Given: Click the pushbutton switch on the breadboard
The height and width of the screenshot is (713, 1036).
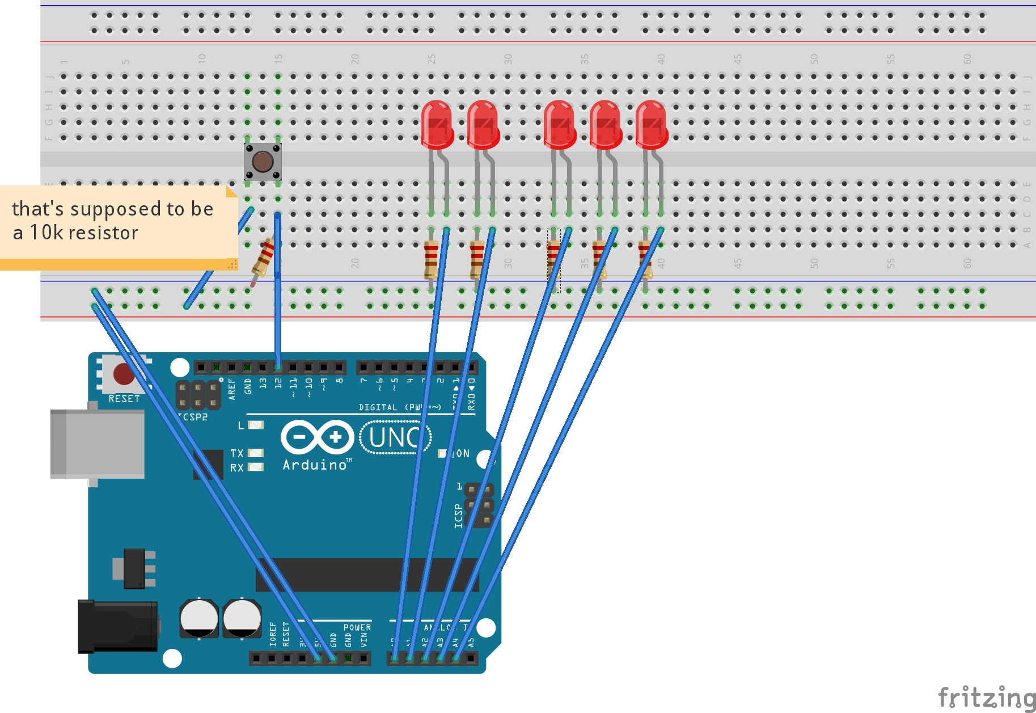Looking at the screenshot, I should click(263, 162).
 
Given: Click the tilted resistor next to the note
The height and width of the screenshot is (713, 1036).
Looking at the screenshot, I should click(263, 258).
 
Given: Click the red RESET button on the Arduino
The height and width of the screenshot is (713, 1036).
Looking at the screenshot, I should click(124, 374).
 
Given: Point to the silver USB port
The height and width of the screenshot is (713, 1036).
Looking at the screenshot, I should click(96, 444).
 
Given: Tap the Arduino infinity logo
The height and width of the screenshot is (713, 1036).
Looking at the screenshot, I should click(317, 437).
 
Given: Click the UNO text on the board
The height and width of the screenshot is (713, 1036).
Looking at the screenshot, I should click(395, 437).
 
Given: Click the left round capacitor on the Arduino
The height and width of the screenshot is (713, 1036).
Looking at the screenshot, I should click(199, 618).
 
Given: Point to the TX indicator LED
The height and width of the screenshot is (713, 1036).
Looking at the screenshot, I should click(256, 453).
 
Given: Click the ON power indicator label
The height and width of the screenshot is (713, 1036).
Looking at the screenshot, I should click(462, 453).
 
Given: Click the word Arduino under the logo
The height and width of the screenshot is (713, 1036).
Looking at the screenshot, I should click(315, 465).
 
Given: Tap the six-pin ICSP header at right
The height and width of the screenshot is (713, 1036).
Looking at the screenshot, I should click(479, 505).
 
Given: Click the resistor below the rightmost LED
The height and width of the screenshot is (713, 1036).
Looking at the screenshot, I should click(645, 260).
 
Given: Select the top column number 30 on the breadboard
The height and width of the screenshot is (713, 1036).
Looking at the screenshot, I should click(508, 59).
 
